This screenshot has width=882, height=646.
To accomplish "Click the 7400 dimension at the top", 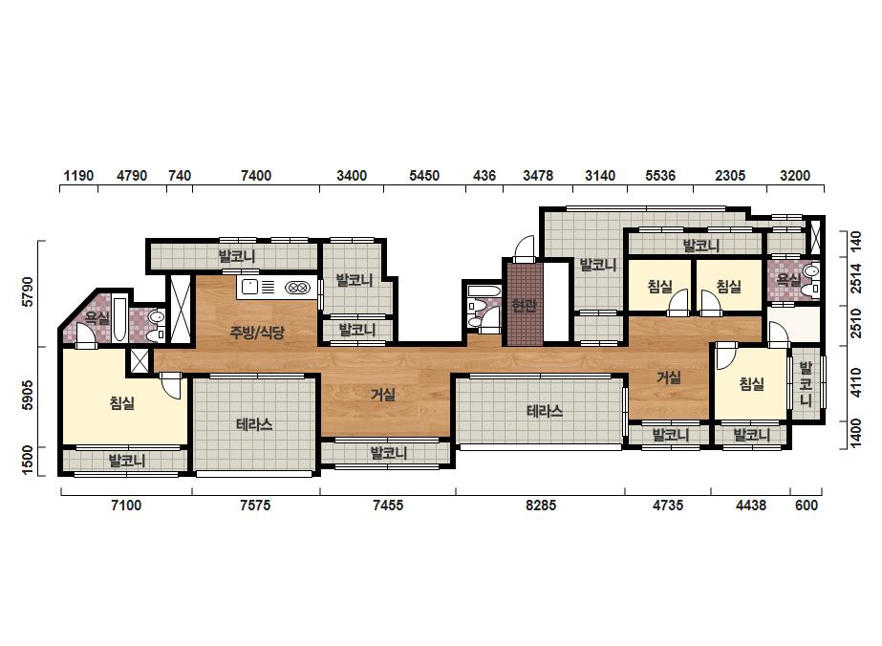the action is (x=256, y=176).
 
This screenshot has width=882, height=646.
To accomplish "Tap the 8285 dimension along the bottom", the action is (x=541, y=506).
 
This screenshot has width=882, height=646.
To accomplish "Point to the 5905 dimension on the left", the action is (x=28, y=395).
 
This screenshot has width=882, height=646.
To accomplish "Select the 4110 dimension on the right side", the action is (x=855, y=382).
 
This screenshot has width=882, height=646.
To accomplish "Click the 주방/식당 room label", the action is (x=257, y=332).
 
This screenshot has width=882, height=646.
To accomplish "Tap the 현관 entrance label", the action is (x=524, y=306).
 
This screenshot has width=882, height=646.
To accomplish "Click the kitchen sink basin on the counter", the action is (x=249, y=288).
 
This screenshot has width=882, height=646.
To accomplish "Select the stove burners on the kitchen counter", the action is (x=297, y=288).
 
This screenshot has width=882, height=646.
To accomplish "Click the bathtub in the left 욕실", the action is (x=119, y=319).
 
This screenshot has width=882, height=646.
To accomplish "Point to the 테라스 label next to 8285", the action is (x=545, y=411).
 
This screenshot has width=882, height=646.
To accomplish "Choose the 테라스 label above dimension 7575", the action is (x=254, y=423).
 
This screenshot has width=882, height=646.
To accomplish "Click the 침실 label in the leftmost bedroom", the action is (x=122, y=403).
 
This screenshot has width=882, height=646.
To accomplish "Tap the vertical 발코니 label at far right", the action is (x=807, y=384).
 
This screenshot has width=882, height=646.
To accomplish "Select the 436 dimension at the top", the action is (x=484, y=176).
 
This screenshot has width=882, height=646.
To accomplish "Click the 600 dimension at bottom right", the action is (x=807, y=506).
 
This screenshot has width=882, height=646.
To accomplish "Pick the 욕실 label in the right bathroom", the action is (x=788, y=278).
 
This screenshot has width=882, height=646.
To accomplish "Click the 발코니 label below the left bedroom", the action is (x=127, y=461).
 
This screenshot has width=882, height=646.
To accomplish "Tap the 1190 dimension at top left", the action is (x=78, y=176).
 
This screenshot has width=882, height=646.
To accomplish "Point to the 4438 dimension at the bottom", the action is (x=751, y=506).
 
